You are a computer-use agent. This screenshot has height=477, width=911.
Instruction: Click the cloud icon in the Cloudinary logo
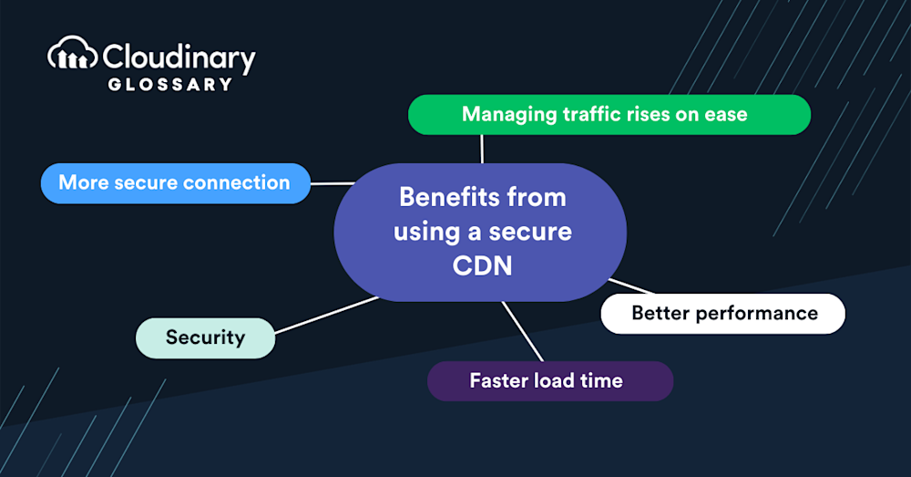[72, 54]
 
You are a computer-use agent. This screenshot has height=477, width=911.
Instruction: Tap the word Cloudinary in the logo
[179, 58]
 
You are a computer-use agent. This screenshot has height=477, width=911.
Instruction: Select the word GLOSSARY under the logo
[170, 84]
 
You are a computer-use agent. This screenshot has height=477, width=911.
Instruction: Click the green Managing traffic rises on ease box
[609, 115]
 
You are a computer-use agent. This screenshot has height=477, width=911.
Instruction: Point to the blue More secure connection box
[176, 183]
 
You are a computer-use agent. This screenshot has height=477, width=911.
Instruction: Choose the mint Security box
[206, 338]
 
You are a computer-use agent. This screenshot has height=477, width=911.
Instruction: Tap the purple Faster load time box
[550, 381]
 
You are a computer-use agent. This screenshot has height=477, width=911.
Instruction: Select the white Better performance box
[722, 314]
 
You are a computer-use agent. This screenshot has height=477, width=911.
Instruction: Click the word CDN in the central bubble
[482, 265]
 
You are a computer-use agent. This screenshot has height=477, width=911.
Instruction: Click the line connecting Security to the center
[326, 316]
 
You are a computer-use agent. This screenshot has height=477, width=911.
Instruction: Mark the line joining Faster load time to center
[522, 332]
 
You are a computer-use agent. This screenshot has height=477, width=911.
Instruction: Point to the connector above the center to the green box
[482, 149]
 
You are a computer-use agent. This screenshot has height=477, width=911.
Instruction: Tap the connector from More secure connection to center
[333, 184]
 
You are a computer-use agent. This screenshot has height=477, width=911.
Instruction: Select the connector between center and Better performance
[631, 286]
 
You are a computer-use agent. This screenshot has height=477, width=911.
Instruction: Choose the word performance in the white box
[756, 314]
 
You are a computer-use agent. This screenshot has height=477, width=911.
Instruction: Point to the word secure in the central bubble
[530, 232]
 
